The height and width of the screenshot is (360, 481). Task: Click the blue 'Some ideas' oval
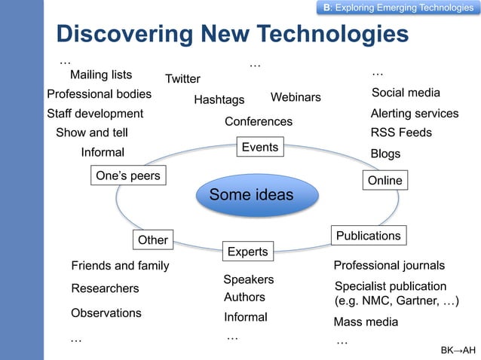pyautogui.click(x=251, y=196)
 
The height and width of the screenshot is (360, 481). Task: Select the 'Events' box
pyautogui.click(x=260, y=147)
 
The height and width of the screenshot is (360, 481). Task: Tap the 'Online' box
pyautogui.click(x=384, y=181)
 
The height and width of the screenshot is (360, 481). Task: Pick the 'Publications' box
pyautogui.click(x=369, y=236)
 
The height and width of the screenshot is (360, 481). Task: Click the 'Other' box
pyautogui.click(x=153, y=240)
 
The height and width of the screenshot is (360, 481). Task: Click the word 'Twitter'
pyautogui.click(x=182, y=79)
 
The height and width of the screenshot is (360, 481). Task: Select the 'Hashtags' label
pyautogui.click(x=219, y=99)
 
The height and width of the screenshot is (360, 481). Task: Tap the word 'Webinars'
pyautogui.click(x=296, y=98)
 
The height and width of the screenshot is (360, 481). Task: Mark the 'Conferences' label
pyautogui.click(x=259, y=122)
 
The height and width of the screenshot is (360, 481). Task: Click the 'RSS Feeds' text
pyautogui.click(x=401, y=133)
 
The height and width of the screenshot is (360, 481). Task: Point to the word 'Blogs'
pyautogui.click(x=386, y=154)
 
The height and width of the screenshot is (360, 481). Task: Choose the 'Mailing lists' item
pyautogui.click(x=101, y=75)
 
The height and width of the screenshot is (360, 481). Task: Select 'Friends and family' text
pyautogui.click(x=120, y=266)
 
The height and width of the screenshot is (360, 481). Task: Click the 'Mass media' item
pyautogui.click(x=366, y=322)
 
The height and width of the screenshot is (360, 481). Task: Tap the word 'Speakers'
pyautogui.click(x=249, y=279)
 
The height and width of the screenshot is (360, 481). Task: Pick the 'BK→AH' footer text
pyautogui.click(x=458, y=351)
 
